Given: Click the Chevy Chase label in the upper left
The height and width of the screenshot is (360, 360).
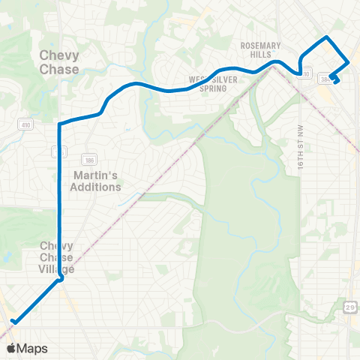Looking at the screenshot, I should tap(59, 61).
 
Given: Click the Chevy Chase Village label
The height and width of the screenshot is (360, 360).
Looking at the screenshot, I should tap(56, 257).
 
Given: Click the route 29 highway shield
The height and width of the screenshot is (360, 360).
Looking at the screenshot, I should tap(350, 307).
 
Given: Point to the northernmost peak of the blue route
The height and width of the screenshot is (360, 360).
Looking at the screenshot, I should tap(326, 37).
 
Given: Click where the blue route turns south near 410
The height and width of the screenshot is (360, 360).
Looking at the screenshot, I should tap(59, 123).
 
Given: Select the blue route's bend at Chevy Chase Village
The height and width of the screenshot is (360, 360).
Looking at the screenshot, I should tap(60, 280).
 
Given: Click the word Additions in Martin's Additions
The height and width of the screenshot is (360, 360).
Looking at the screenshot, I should tap(95, 187).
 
